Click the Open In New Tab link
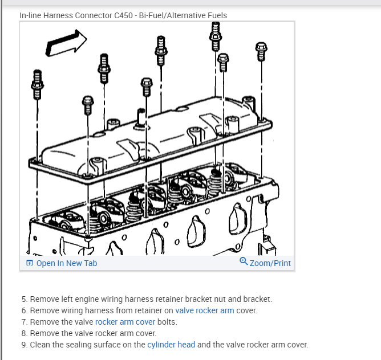click(x=66, y=263)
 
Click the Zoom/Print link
click(x=270, y=263)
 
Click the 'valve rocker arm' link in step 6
click(x=205, y=310)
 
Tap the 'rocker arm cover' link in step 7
click(x=125, y=322)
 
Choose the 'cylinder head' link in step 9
click(x=171, y=345)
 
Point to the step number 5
click(x=25, y=299)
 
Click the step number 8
click(x=25, y=333)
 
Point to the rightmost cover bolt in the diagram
click(x=261, y=51)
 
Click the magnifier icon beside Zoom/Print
click(x=244, y=263)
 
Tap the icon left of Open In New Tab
click(x=29, y=263)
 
